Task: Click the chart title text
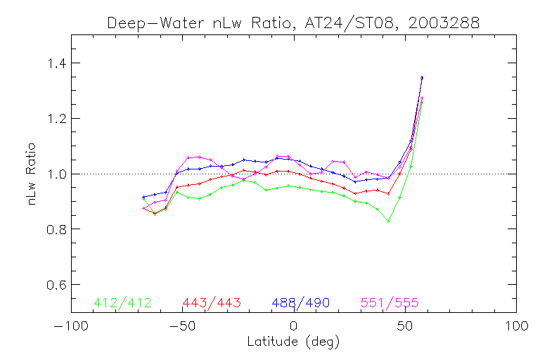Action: [x=293, y=22]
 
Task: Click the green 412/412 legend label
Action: [x=122, y=303]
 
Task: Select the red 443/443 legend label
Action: [x=212, y=303]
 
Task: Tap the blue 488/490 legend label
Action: [x=301, y=303]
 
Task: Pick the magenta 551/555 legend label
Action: [x=390, y=303]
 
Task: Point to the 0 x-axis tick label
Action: [x=294, y=326]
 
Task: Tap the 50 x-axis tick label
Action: [x=405, y=326]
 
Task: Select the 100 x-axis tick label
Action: [x=516, y=326]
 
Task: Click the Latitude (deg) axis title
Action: [x=293, y=342]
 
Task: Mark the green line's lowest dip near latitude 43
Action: [x=389, y=221]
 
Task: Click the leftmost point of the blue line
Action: [x=143, y=197]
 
